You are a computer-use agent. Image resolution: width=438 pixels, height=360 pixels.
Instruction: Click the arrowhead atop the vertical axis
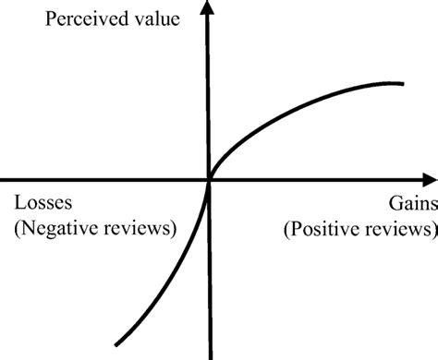tap(210, 8)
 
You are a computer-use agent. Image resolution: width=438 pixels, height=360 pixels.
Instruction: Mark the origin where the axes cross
tap(210, 179)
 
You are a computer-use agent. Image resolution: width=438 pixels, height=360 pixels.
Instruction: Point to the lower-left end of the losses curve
tap(115, 345)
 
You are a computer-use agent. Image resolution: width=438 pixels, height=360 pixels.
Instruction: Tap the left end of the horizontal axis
tap(2, 179)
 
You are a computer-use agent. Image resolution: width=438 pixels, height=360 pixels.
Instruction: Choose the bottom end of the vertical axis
tap(210, 357)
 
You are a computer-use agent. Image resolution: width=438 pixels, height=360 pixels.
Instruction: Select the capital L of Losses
tap(18, 203)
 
